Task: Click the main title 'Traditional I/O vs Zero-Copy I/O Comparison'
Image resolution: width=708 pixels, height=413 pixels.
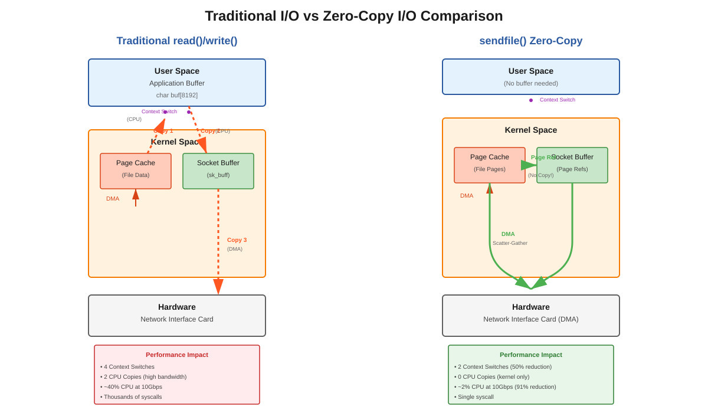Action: pos(354,16)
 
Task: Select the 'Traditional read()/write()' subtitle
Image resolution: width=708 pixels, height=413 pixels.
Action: pos(177,41)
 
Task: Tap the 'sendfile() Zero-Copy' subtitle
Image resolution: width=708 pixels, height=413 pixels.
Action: pos(530,41)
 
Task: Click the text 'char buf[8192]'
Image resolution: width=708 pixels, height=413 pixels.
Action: pos(177,95)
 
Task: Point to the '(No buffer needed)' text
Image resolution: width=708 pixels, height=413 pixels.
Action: pos(531,83)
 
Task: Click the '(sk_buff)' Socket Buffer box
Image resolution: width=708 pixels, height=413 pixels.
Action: pos(218,171)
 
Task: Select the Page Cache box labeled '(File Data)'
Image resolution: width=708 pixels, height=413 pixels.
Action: pos(136,171)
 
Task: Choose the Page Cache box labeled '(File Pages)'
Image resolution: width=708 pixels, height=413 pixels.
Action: pos(490,165)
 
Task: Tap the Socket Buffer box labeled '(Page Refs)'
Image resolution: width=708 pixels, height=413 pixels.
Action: pos(572,165)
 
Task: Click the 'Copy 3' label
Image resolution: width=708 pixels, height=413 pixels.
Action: pos(237,240)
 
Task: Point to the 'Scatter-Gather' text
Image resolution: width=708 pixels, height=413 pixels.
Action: pos(510,243)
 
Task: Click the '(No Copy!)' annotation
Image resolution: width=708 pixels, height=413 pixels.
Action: pos(540,175)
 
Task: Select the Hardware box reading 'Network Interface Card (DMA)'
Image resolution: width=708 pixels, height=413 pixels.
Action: pos(531,316)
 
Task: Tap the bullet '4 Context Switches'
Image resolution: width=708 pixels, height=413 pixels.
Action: pos(129,367)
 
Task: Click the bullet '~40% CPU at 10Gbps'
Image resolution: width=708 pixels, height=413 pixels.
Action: pos(133,387)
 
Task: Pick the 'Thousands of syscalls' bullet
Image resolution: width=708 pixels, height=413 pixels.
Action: pos(133,397)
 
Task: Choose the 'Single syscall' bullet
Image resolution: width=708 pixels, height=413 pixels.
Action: pos(476,397)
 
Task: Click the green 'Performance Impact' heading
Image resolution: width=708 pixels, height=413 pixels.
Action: pos(531,355)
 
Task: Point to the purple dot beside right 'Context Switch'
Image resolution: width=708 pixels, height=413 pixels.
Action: pos(531,100)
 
